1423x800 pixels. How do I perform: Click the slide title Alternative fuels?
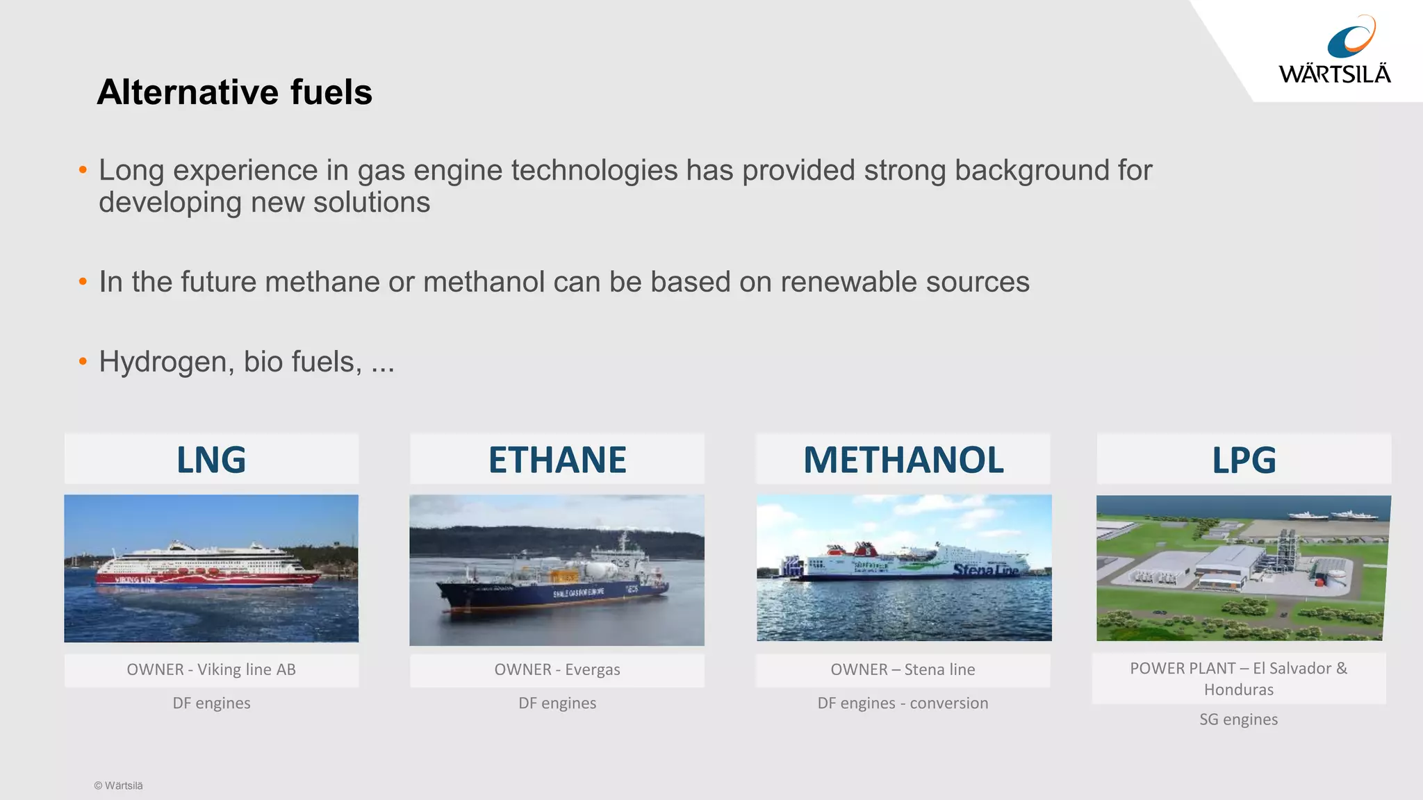[235, 92]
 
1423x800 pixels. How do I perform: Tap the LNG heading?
[211, 460]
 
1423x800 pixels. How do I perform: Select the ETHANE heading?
[557, 460]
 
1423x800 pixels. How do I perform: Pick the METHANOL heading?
[903, 460]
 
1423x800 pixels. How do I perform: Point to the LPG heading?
[1244, 460]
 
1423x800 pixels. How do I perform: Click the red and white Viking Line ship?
[208, 566]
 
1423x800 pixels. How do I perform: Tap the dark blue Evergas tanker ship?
[552, 590]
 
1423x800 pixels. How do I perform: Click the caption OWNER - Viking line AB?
[211, 669]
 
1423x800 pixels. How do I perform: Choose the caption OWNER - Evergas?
[557, 669]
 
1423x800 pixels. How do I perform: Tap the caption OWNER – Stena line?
[903, 669]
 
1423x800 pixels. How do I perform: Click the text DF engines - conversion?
[903, 703]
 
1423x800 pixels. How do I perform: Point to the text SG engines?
[1238, 719]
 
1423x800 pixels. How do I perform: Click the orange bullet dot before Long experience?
[83, 169]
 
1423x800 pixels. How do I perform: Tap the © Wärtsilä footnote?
[118, 785]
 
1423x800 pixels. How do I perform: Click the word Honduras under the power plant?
[1238, 690]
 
